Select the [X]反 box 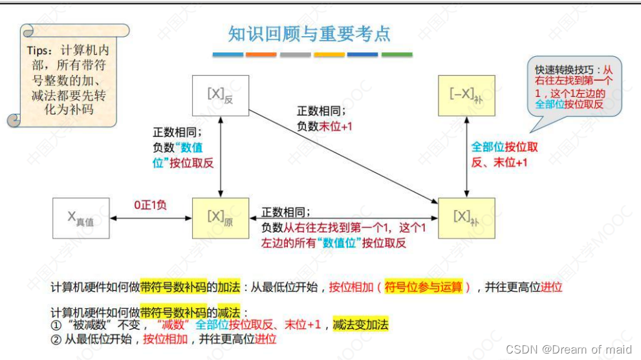click(221, 96)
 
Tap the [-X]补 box click(466, 96)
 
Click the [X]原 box click(221, 218)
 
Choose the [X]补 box click(466, 218)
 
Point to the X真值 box click(81, 218)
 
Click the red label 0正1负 click(151, 205)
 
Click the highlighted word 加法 click(230, 288)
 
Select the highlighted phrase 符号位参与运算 click(424, 288)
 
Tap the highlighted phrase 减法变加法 click(360, 324)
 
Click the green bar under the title click(397, 55)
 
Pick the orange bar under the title click(261, 55)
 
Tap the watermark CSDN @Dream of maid click(569, 349)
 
